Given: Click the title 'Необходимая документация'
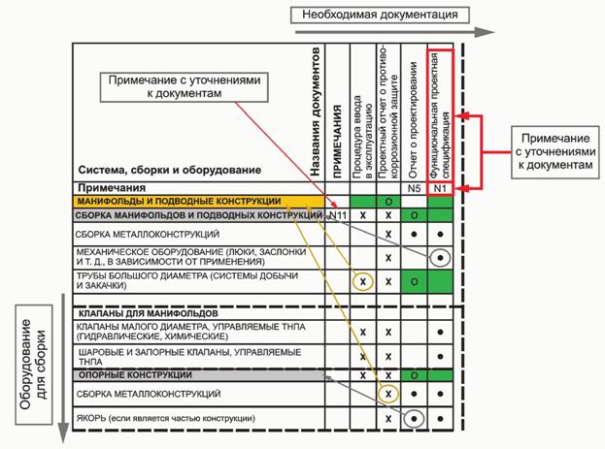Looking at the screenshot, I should point(386,15).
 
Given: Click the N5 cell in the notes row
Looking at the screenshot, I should point(413,187).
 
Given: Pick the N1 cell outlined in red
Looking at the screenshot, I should point(440,187).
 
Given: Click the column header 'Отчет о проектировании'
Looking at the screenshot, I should point(413,108).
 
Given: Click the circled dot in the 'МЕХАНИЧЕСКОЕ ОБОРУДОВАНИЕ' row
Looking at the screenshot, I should point(440,258).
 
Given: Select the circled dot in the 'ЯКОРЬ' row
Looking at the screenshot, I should point(414,419).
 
